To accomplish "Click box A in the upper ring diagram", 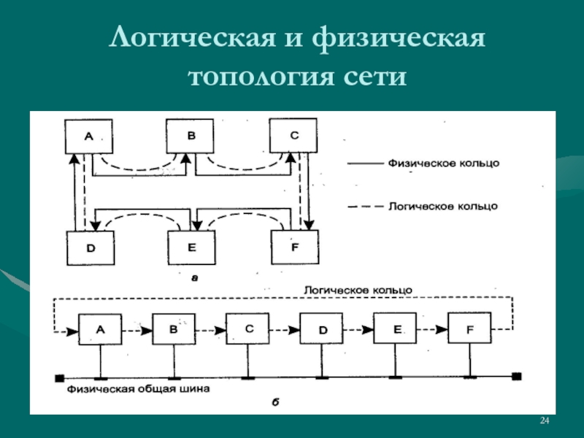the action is pos(88,137).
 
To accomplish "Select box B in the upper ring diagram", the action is pos(190,136).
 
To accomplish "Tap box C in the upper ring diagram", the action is pos(293,136).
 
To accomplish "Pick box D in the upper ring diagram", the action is pos(91,248).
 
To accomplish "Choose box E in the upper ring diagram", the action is pos(191,247).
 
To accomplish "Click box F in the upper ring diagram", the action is pos(295,247).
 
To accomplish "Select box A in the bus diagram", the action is pos(100,329).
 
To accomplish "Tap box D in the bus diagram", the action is pos(321,328).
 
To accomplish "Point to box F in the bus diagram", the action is pos(469,328).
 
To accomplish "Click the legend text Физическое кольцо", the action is pos(444,163).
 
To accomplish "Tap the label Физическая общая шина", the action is pos(138,389).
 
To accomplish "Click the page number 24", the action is pos(545,420).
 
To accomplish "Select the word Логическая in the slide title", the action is pos(192,38).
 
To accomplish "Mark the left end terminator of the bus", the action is pos(60,378).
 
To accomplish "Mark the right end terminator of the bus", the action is pos(517,377).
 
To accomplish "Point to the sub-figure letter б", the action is pos(276,402).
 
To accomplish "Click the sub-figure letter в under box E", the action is pos(194,278).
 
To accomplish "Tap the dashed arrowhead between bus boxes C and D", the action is pos(294,330).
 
